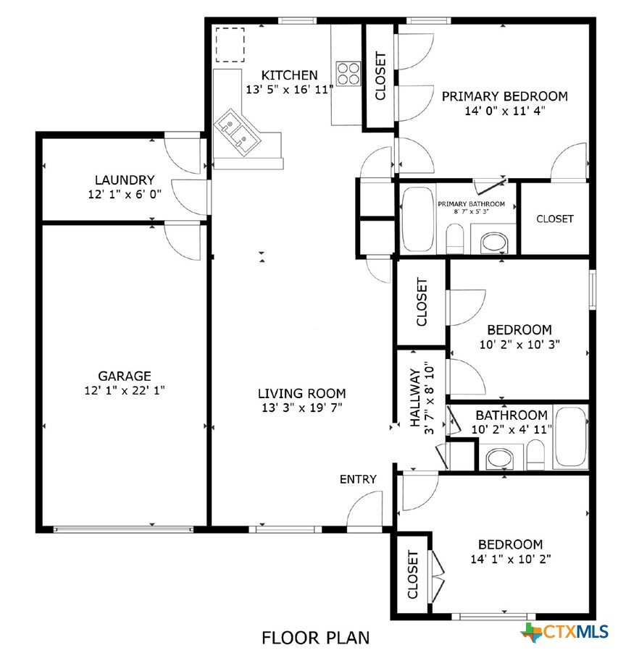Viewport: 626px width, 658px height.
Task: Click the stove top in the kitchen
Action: tap(349, 73)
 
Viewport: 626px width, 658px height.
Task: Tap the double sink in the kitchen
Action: tap(238, 132)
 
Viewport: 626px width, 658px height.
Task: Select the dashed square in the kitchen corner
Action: tap(230, 45)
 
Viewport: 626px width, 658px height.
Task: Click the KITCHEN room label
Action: tap(290, 75)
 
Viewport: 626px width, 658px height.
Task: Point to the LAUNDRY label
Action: tap(125, 180)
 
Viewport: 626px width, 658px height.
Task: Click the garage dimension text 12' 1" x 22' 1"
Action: tap(125, 390)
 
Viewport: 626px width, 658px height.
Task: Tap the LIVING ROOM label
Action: tap(301, 393)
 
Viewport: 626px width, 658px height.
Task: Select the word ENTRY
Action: tap(358, 478)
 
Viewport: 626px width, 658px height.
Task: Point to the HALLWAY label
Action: tap(415, 397)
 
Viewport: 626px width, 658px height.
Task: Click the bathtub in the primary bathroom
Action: tap(417, 219)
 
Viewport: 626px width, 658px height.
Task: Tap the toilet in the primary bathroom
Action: tap(454, 238)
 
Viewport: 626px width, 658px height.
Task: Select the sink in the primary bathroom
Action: tap(495, 242)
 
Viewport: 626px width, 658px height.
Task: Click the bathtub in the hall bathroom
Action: tap(570, 437)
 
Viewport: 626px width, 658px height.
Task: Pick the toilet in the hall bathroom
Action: tap(535, 455)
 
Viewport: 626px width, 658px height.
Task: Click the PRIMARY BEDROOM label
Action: tap(504, 96)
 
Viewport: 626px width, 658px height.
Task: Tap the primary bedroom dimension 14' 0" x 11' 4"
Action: tap(504, 111)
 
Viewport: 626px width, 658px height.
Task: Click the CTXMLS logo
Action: tap(564, 631)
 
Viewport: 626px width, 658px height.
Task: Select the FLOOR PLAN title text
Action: tap(315, 638)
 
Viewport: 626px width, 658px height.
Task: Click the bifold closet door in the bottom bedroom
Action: tap(438, 575)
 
